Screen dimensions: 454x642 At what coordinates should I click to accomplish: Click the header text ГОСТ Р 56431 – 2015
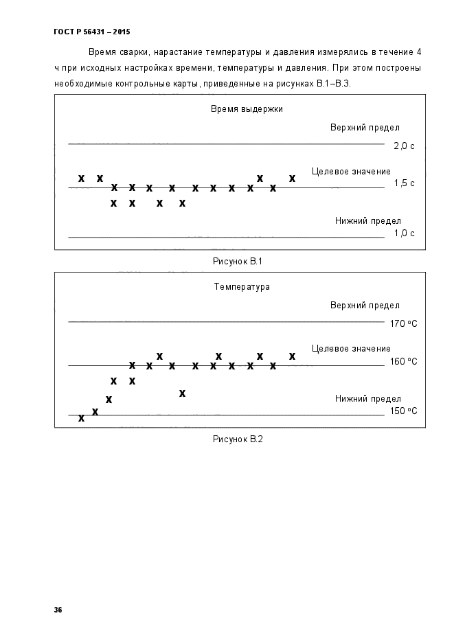pos(92,32)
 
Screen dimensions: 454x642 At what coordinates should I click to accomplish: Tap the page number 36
pos(58,610)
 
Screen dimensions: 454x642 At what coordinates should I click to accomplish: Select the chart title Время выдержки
pos(247,109)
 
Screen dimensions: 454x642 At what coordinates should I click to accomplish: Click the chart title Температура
pos(242,286)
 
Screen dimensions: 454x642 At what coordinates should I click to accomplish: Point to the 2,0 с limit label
pos(404,146)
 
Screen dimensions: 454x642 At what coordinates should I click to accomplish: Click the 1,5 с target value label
pos(404,183)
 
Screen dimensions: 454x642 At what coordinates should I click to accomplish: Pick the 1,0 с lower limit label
pos(404,233)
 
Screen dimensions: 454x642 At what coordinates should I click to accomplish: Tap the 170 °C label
pos(404,324)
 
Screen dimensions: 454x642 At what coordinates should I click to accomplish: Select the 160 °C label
pos(404,362)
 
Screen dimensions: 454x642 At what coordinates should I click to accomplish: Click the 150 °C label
pos(404,411)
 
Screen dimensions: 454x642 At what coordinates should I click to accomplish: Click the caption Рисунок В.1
pos(238,261)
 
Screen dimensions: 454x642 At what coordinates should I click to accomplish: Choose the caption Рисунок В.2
pos(238,439)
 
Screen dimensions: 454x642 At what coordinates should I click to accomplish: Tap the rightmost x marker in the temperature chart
pos(292,356)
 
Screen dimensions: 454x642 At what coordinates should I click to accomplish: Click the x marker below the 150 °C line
pos(82,418)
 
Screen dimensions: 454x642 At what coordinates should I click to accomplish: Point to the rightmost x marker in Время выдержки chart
pos(292,178)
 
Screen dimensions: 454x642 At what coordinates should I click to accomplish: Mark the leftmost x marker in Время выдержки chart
pos(82,178)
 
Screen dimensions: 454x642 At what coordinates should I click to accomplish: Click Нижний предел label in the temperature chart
pos(368,399)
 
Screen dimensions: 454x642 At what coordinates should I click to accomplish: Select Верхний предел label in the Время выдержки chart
pos(365,128)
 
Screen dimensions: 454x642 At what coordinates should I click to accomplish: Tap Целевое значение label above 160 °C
pos(351,349)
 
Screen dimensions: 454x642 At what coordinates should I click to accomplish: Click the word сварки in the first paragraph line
pos(133,52)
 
